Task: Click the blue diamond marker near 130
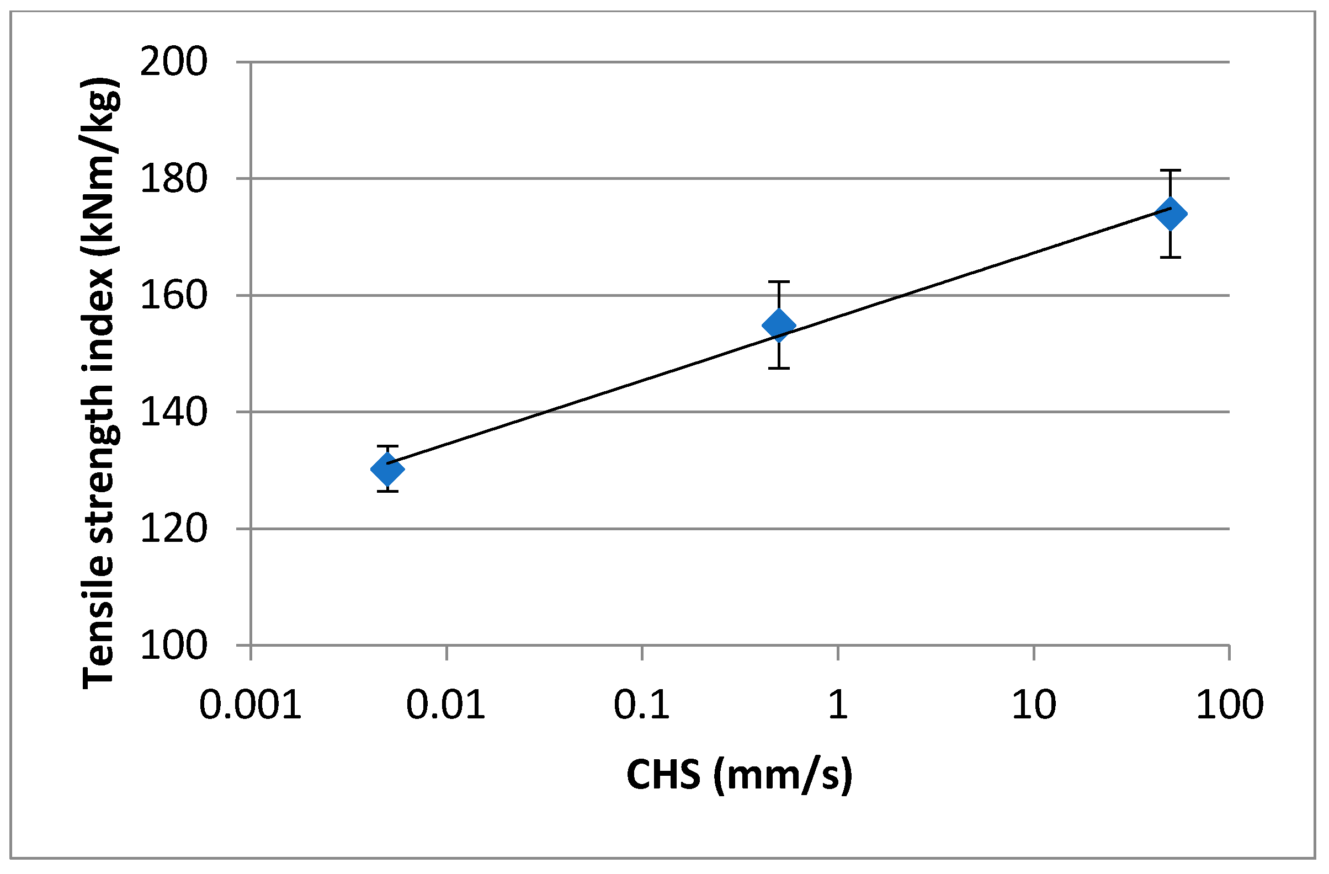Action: click(x=387, y=469)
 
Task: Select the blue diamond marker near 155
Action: click(x=779, y=326)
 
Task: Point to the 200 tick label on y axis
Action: click(x=174, y=62)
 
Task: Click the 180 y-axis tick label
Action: click(x=174, y=179)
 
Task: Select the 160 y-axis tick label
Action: click(x=174, y=296)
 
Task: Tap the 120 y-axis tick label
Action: click(x=174, y=529)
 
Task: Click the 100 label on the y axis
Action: click(x=174, y=646)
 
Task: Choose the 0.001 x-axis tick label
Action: click(x=251, y=705)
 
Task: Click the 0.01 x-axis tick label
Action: click(x=445, y=705)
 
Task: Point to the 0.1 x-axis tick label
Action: click(x=642, y=705)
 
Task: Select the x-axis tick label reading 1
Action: click(x=838, y=705)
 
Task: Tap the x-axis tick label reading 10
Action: click(x=1034, y=705)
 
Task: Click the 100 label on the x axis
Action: click(x=1230, y=705)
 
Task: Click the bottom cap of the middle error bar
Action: click(x=779, y=369)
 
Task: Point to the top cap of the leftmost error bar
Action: click(x=387, y=446)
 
